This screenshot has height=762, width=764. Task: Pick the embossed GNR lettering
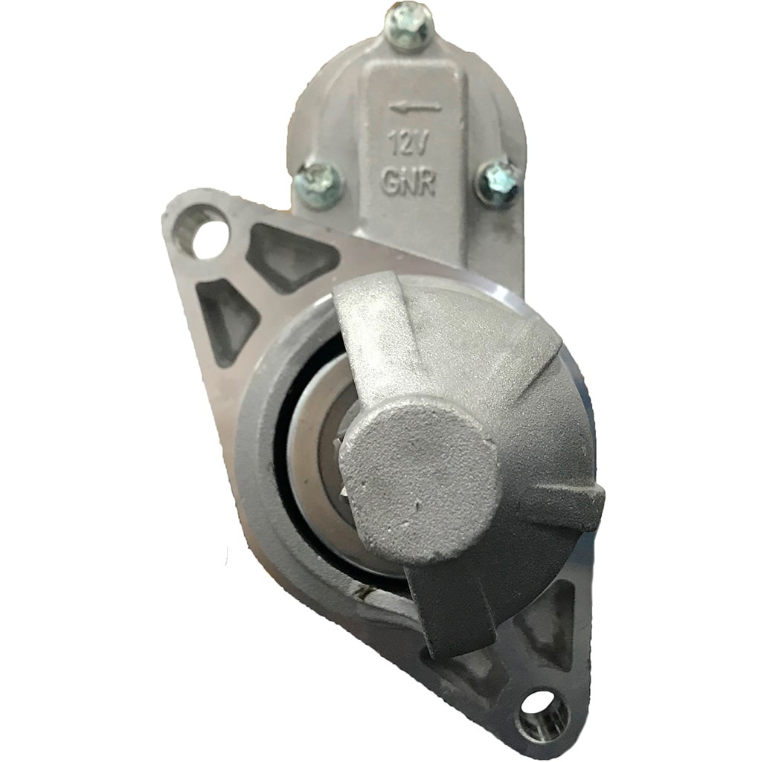coord(408,183)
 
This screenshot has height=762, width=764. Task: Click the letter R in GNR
coord(427,182)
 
